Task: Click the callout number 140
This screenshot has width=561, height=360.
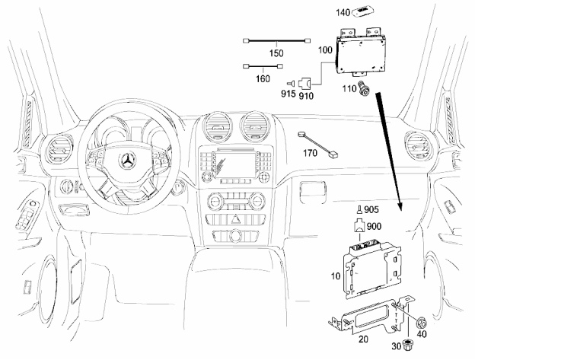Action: tap(343, 12)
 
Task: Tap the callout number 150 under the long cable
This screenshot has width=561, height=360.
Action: tap(276, 53)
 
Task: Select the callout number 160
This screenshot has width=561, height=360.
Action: tap(263, 78)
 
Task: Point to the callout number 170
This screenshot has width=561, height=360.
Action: tap(310, 153)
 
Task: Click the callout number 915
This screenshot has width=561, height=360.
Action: tap(288, 94)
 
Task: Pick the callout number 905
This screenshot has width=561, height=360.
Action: tap(371, 209)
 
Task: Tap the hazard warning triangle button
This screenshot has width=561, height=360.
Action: tap(235, 219)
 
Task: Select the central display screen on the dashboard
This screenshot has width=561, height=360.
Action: tap(234, 164)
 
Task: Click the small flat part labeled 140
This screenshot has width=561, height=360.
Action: tap(362, 12)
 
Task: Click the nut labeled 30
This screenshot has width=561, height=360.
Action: tap(406, 345)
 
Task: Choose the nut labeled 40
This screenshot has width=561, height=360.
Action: tap(420, 323)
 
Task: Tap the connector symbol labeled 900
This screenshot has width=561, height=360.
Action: tap(359, 226)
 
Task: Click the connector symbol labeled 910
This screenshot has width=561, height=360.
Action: tap(304, 84)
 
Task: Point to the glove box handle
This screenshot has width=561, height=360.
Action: tap(312, 188)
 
